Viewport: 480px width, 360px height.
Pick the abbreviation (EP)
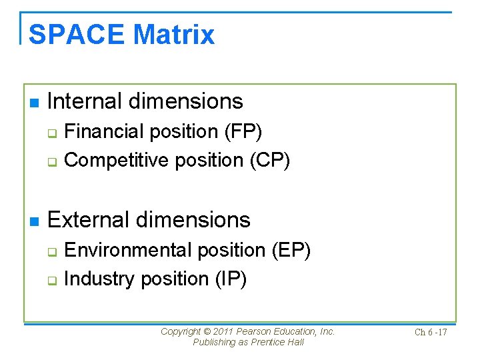291,250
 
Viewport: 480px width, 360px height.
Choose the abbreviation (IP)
231,279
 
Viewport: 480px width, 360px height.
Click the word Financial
104,132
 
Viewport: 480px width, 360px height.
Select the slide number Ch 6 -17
431,332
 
